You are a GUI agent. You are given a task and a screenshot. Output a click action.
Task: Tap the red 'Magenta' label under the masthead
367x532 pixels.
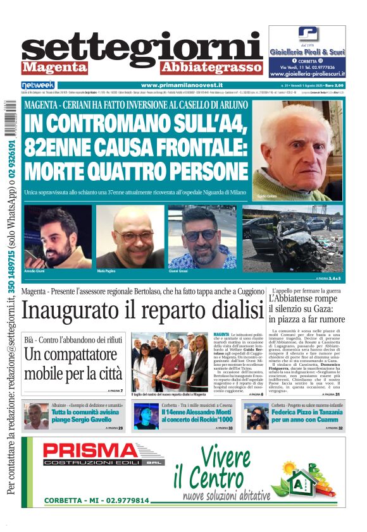pyautogui.click(x=54, y=67)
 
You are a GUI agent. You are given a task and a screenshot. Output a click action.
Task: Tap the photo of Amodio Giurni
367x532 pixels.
pyautogui.click(x=58, y=236)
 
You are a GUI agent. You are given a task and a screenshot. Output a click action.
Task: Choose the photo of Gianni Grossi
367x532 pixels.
pyautogui.click(x=202, y=236)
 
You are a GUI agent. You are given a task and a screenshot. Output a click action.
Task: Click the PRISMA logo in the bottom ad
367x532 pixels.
pyautogui.click(x=103, y=451)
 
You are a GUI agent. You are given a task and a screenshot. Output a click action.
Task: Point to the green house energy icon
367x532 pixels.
pyautogui.click(x=307, y=479)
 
